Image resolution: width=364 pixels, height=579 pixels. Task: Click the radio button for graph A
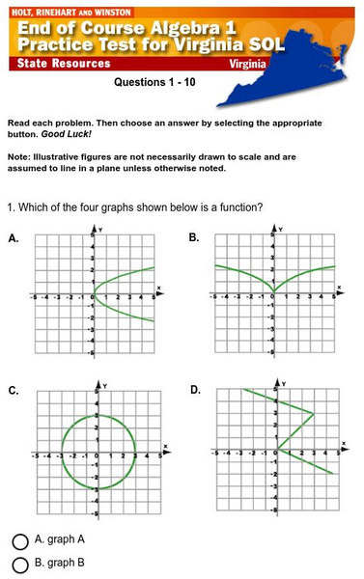(19, 541)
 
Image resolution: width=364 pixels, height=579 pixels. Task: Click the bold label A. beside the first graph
(14, 237)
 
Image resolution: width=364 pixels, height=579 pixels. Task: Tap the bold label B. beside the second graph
(194, 237)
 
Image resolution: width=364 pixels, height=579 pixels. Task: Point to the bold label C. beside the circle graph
(14, 391)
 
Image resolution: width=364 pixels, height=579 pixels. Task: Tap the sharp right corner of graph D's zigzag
(314, 413)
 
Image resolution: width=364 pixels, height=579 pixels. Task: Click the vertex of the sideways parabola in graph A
(94, 293)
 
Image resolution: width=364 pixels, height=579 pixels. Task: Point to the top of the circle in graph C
(94, 416)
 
